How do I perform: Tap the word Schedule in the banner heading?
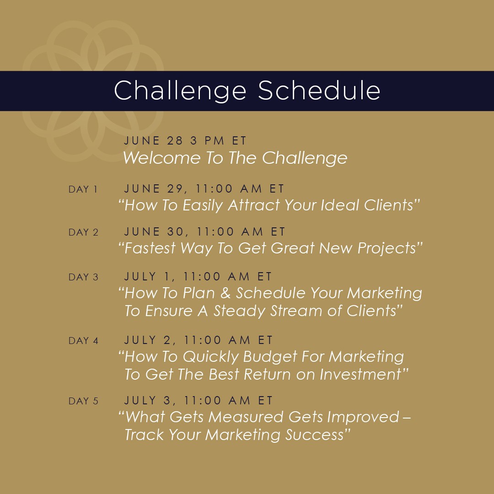coord(319,90)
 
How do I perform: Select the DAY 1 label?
coord(83,189)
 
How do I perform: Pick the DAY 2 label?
coord(84,232)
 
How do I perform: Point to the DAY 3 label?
coord(84,277)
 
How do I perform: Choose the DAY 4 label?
coord(84,341)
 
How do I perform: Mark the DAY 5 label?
coord(84,401)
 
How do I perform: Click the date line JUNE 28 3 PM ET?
coord(185,140)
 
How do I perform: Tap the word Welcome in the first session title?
coord(161,157)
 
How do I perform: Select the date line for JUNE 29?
coord(204,189)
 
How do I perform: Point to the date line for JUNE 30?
coord(205,232)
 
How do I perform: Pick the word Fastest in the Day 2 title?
coord(150,248)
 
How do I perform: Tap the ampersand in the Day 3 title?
coord(226,293)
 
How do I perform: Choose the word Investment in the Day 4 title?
coord(360,375)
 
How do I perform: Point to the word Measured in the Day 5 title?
coord(246,417)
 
